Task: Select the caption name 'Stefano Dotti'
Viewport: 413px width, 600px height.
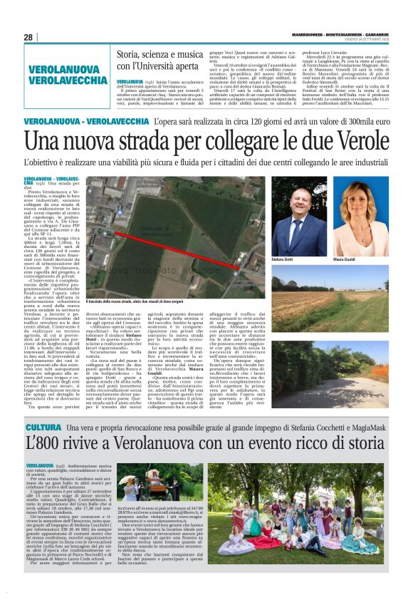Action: (283, 260)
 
